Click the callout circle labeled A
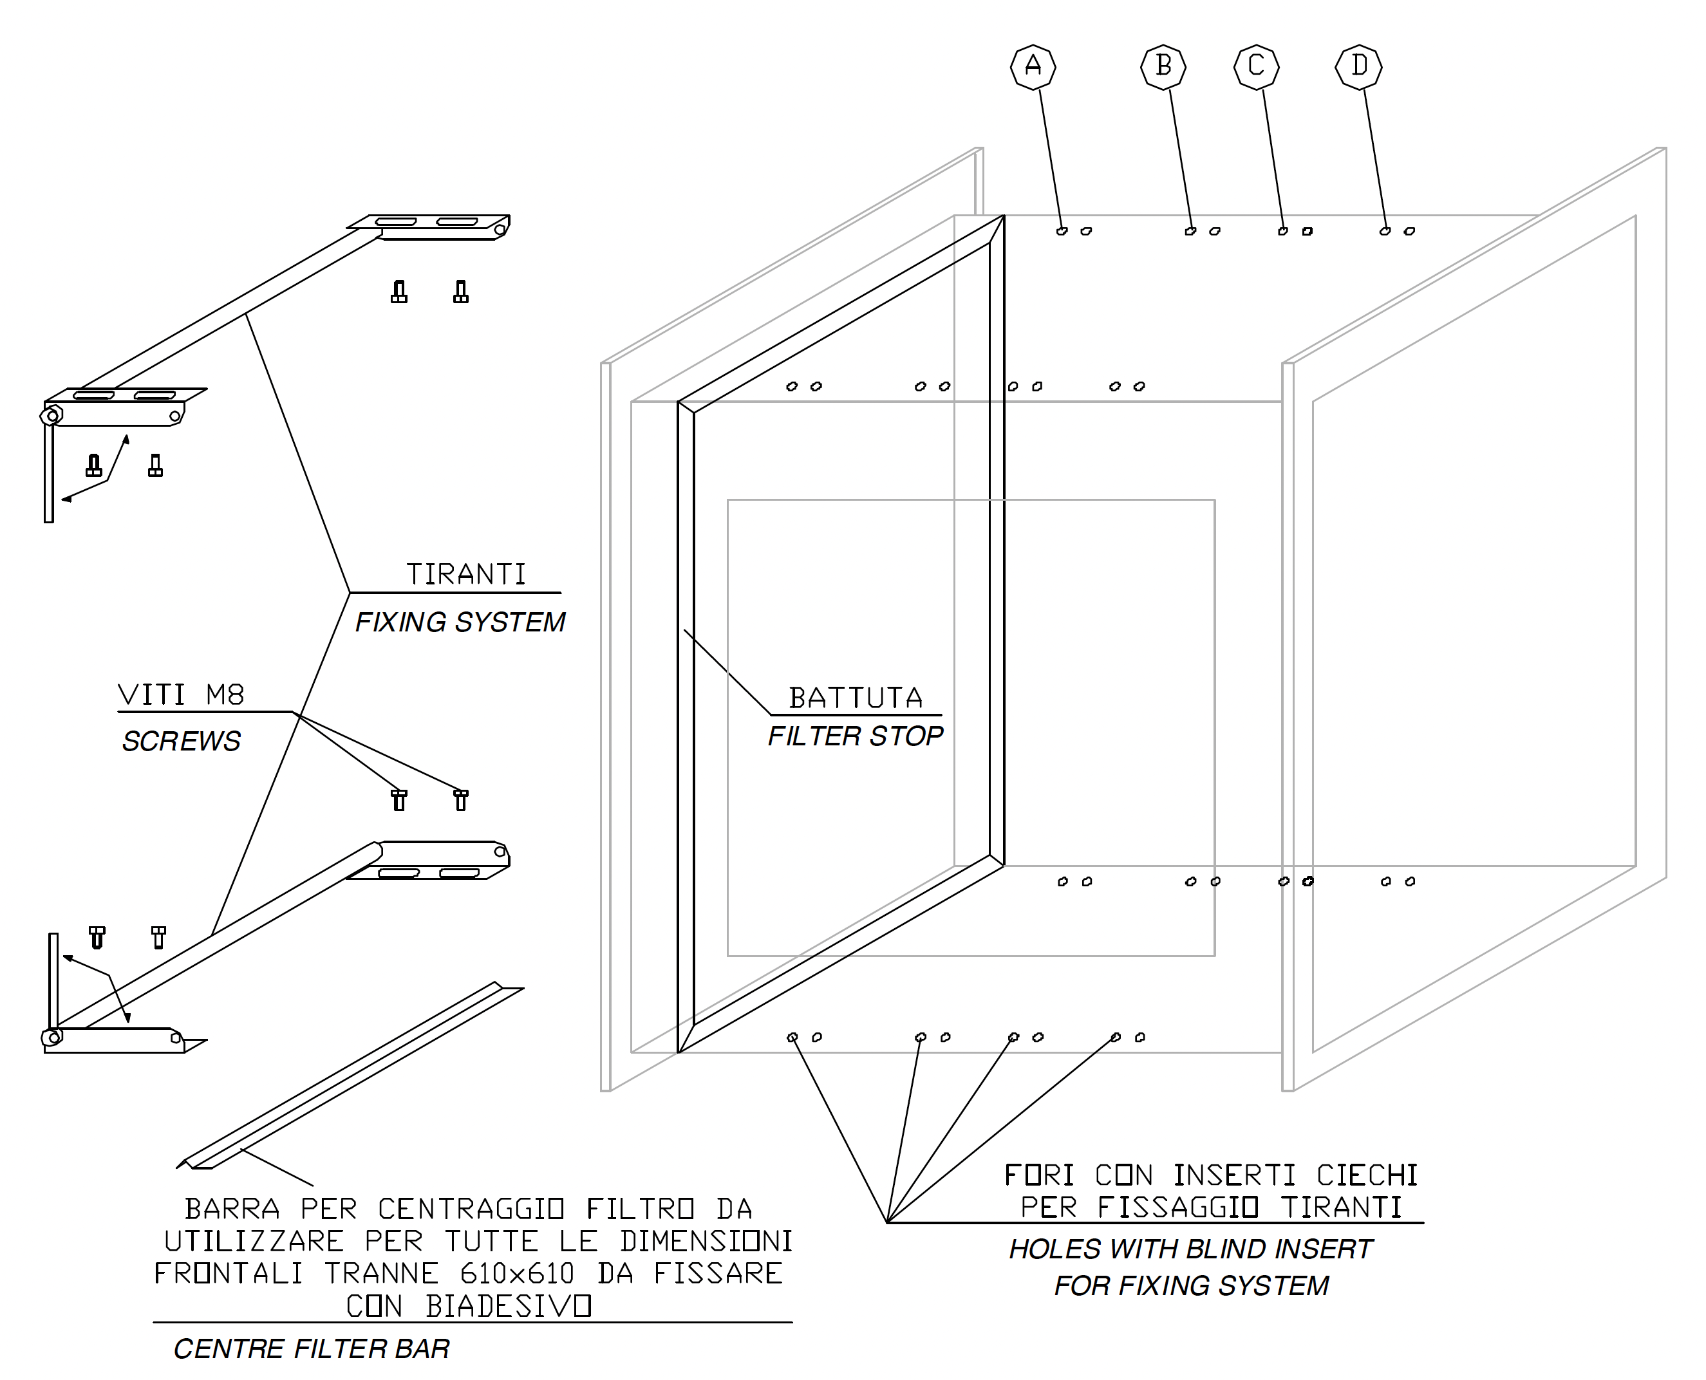(1033, 66)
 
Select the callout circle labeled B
(1163, 66)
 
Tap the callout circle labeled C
(1256, 66)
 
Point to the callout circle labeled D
(1358, 66)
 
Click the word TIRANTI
(466, 574)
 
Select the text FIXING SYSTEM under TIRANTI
(460, 622)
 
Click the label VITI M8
(182, 696)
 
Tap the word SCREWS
(182, 741)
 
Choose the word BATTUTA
(856, 698)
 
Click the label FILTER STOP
(856, 736)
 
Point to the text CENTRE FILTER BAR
(312, 1349)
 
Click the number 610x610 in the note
(517, 1274)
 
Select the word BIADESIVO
(509, 1306)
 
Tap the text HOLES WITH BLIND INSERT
(1191, 1249)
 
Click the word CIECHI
(1367, 1175)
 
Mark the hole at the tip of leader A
(1062, 231)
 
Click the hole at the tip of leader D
(1385, 231)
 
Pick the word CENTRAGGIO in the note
(471, 1209)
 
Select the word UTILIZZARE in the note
(254, 1241)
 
